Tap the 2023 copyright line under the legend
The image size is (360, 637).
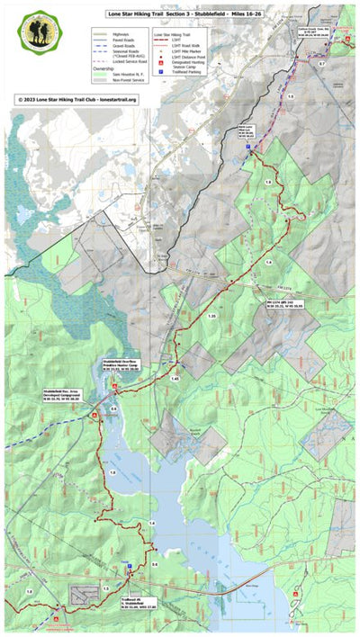point(76,100)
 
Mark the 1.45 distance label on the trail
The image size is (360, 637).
point(175,380)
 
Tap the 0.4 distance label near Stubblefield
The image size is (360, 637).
point(112,408)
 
